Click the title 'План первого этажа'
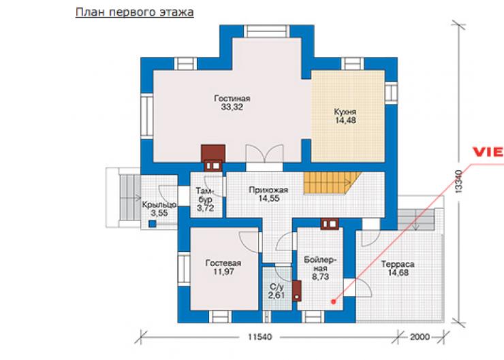pos(134,12)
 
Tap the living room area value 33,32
pos(232,108)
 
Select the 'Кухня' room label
pos(345,112)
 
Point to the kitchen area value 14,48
pos(345,120)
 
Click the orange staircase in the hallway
pos(331,183)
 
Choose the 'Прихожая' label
pos(269,190)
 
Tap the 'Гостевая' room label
pos(223,263)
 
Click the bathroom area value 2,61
pos(277,295)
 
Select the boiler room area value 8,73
pos(320,276)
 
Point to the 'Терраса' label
pos(398,264)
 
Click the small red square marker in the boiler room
pos(334,301)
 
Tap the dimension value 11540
pos(259,337)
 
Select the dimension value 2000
pos(420,337)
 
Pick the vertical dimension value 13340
pos(458,182)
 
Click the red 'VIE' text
pos(488,152)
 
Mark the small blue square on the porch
pos(153,224)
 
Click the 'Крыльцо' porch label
pos(159,205)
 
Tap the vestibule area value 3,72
pos(206,208)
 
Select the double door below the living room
pos(264,157)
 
